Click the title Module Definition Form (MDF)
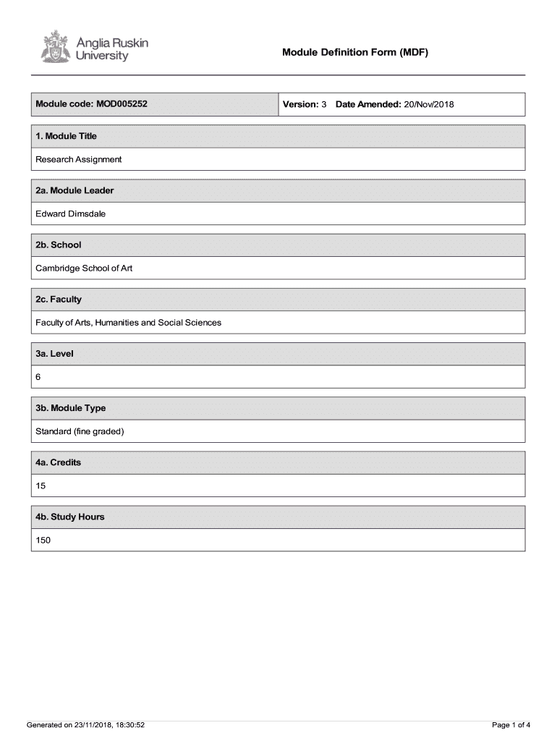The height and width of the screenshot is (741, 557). pos(355,52)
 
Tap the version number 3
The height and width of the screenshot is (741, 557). pos(324,104)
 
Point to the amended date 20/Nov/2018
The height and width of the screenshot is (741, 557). pos(428,104)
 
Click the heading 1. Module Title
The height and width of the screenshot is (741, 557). pos(66,136)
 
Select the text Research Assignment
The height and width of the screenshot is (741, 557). pos(79,159)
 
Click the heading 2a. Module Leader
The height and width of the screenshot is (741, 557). pos(75,190)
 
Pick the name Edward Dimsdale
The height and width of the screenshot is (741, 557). pos(71,213)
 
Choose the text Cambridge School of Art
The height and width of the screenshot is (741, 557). pos(84,268)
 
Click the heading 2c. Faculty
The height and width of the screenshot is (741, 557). pos(59,299)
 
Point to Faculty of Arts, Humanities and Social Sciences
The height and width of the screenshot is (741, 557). pos(129,322)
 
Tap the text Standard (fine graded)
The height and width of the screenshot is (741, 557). pos(80,431)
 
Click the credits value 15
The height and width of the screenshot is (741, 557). pos(41,486)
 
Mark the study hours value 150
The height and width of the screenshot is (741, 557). pos(43,540)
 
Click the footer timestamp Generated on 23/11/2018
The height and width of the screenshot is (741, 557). pos(86,724)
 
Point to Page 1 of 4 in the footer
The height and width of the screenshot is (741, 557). pos(511,724)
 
